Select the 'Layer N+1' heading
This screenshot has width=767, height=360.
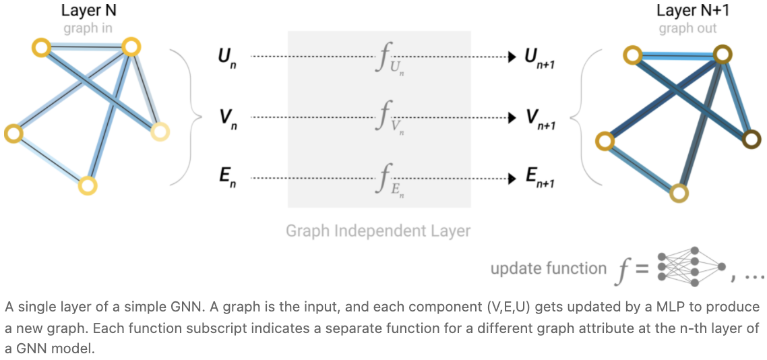click(x=687, y=11)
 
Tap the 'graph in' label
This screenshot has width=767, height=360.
click(x=88, y=28)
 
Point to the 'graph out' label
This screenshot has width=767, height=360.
click(x=687, y=28)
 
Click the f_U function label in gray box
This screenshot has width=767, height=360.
click(x=386, y=60)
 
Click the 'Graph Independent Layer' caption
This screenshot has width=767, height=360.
click(x=378, y=231)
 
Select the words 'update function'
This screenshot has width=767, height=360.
click(x=548, y=268)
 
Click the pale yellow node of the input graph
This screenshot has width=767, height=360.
click(x=160, y=131)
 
